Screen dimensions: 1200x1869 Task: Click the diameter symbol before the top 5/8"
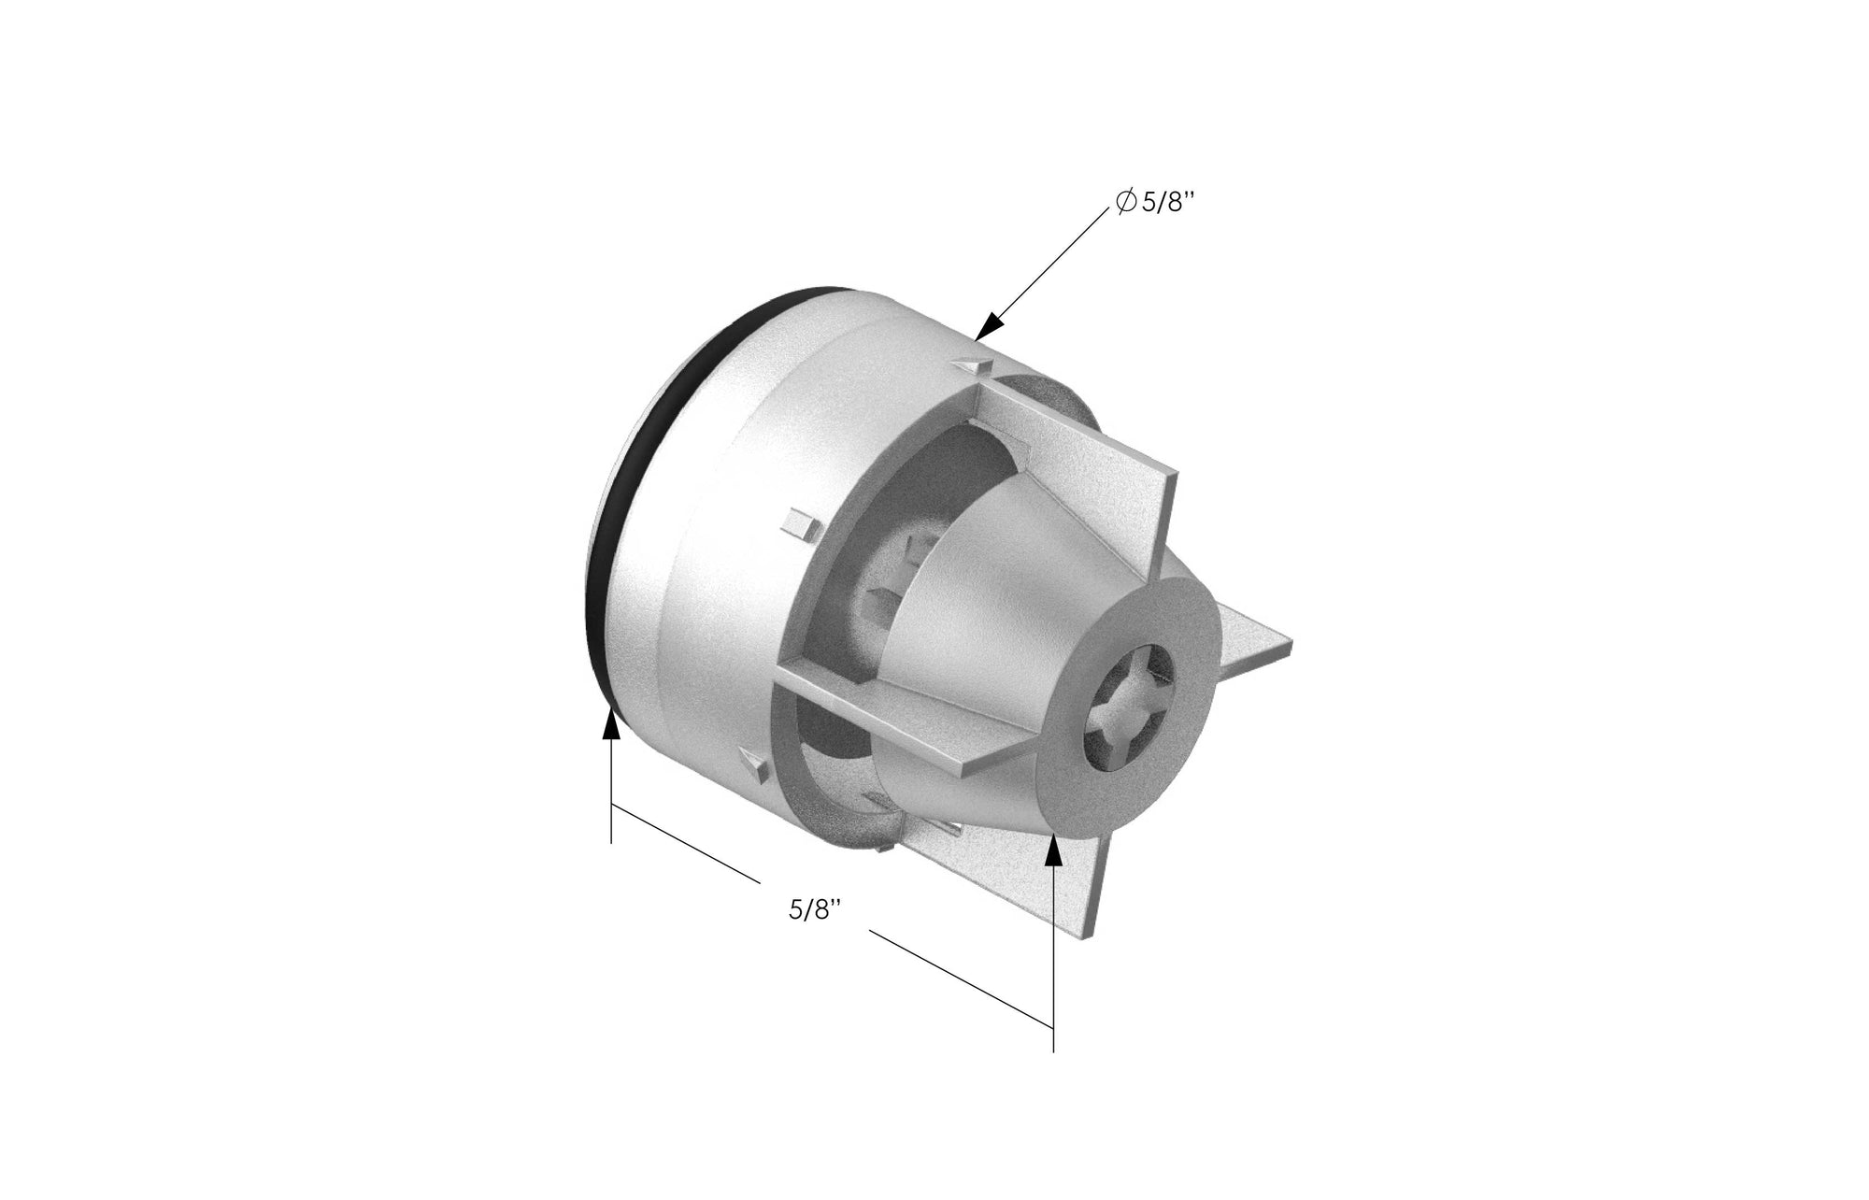(x=1126, y=202)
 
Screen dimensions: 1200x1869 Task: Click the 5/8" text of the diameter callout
(x=1169, y=203)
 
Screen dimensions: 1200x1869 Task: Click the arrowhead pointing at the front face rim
(x=1054, y=849)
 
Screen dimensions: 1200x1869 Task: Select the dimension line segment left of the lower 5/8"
(x=682, y=841)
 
